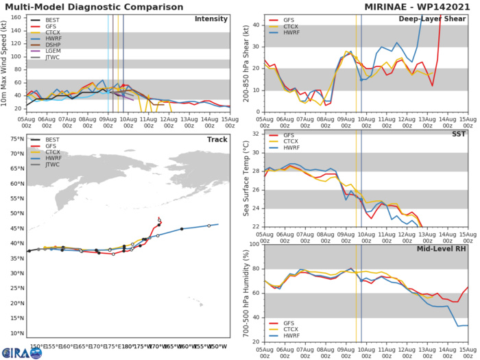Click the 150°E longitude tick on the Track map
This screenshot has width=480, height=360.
coord(37,346)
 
